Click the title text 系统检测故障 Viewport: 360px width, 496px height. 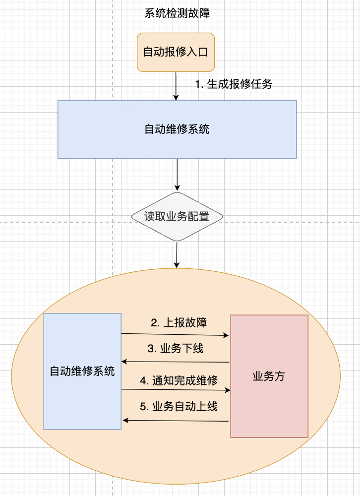pos(177,13)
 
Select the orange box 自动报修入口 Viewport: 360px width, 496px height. pos(176,52)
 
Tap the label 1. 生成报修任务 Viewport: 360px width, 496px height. pos(234,84)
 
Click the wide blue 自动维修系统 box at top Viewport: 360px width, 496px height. pos(177,129)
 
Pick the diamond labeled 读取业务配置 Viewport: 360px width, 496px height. pos(177,217)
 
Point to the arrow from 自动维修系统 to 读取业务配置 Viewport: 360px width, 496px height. pos(177,175)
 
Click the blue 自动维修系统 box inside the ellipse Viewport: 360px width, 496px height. pos(82,392)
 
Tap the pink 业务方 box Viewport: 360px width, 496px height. pos(269,407)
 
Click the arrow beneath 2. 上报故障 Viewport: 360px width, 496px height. pos(176,335)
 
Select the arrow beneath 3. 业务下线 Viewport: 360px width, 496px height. pos(176,362)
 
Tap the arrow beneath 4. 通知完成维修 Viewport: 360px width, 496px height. pos(176,390)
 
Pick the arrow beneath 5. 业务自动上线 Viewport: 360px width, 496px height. pos(176,421)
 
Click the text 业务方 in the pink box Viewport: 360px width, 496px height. pos(269,376)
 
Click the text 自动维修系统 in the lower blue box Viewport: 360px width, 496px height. pos(82,371)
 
